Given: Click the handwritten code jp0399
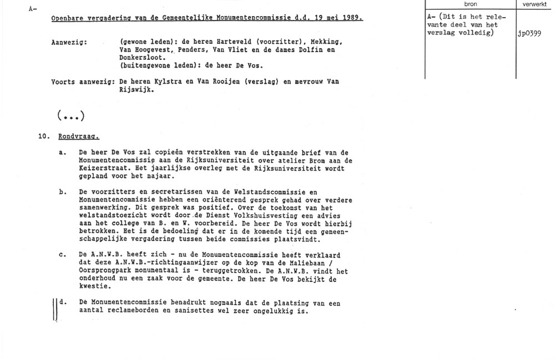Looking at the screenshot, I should click(529, 33).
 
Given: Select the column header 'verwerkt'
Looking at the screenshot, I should click(535, 4).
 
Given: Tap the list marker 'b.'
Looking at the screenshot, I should click(63, 191).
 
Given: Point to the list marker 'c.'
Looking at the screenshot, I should click(63, 255).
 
